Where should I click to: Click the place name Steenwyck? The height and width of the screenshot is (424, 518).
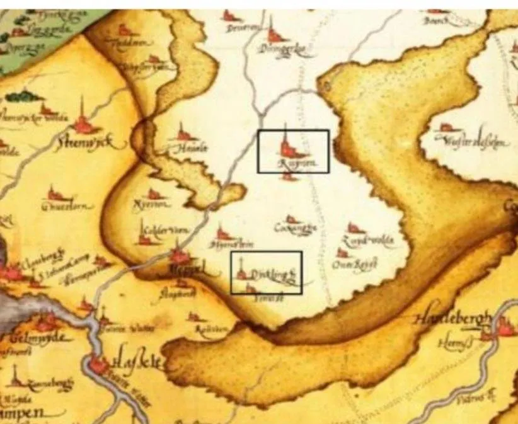84,144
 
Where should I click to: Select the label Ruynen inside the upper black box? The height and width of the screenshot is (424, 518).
294,164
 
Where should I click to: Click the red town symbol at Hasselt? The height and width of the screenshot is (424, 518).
99,364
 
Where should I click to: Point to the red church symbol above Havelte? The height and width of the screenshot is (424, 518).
183,134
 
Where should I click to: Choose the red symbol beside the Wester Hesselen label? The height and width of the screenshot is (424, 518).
445,128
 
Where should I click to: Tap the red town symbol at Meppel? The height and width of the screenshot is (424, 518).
180,256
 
